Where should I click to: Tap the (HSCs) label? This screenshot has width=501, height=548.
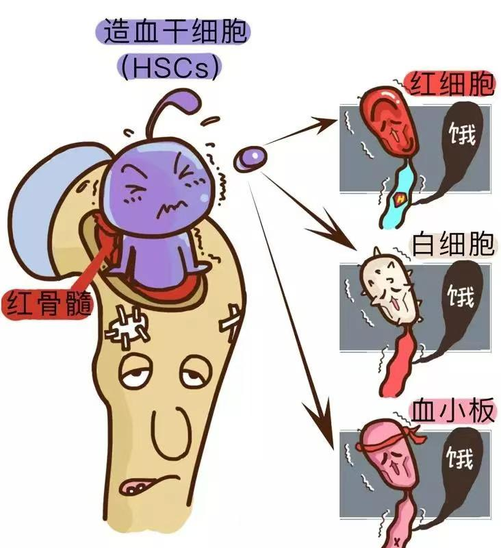point(170,68)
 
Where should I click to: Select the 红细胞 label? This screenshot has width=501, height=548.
point(451,84)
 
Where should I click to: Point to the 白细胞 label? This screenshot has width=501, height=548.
point(452,244)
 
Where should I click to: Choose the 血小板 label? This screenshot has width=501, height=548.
point(452,410)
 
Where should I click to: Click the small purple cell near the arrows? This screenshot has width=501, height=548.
point(250,158)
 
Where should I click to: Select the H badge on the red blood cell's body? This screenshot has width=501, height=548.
point(400,199)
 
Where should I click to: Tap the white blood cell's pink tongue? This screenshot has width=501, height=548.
point(394,304)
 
